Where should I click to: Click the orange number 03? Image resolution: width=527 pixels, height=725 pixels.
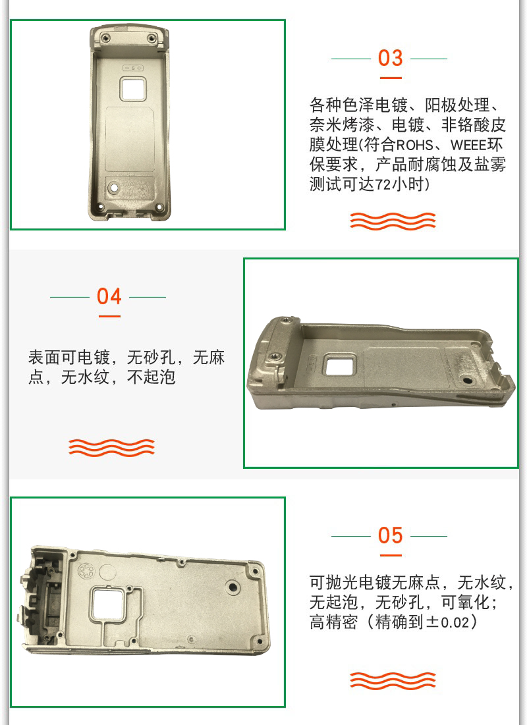pyautogui.click(x=390, y=58)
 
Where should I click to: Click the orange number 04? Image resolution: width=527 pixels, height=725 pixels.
pyautogui.click(x=109, y=296)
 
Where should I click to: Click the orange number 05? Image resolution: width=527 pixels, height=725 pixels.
pyautogui.click(x=390, y=535)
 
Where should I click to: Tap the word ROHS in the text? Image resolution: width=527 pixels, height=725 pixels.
pyautogui.click(x=414, y=145)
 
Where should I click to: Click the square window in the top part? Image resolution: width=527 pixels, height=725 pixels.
pyautogui.click(x=133, y=89)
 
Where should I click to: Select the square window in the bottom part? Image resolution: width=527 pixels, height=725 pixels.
pyautogui.click(x=107, y=604)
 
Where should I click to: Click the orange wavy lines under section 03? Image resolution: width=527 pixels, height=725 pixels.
pyautogui.click(x=393, y=221)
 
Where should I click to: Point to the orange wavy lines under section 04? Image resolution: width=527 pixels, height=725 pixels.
pyautogui.click(x=111, y=447)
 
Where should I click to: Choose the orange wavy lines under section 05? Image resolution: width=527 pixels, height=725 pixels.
pyautogui.click(x=393, y=680)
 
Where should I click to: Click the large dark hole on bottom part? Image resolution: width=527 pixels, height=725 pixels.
pyautogui.click(x=233, y=587)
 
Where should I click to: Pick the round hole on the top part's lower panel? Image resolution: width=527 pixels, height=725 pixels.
pyautogui.click(x=113, y=188)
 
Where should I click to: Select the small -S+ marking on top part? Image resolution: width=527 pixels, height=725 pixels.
pyautogui.click(x=133, y=68)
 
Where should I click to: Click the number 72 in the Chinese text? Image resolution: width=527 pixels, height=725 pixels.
pyautogui.click(x=383, y=184)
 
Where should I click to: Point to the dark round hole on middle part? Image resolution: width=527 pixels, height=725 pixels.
pyautogui.click(x=466, y=380)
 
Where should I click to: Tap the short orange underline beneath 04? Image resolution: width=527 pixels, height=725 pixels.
pyautogui.click(x=109, y=316)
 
